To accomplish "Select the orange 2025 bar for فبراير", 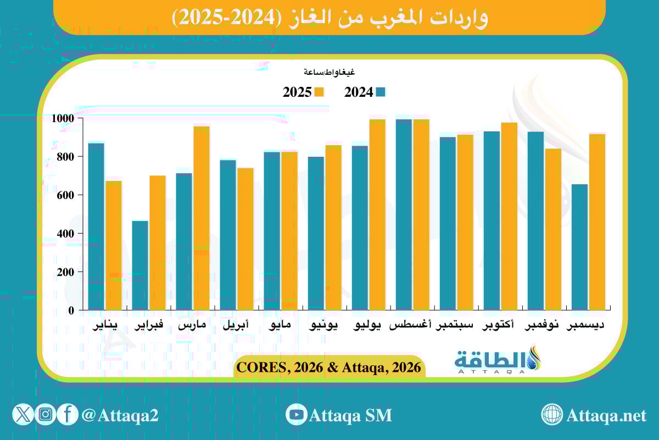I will pos(157,243).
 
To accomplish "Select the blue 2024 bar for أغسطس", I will pos(404,215).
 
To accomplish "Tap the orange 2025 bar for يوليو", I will pos(377,215).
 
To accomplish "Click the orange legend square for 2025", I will pos(319,92).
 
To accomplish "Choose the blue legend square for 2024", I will pos(380,92).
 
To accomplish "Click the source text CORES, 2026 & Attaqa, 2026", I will pos(330,367).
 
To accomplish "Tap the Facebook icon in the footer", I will pos(67,415).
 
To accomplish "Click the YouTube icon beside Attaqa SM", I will pos(297,415).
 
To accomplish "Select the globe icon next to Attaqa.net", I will pos(551,415).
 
